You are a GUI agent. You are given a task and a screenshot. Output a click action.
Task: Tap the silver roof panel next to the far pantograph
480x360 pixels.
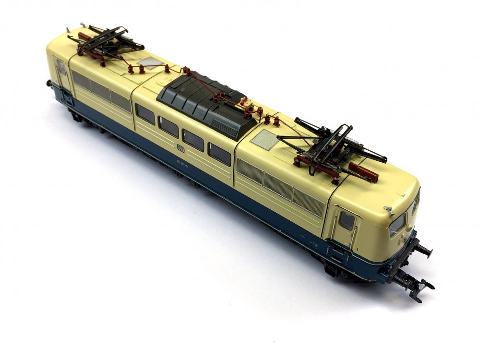pos(150,62)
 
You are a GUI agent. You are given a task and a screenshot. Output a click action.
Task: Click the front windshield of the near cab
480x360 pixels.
pos(397,224)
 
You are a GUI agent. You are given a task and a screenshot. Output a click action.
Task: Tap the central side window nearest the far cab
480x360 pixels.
pos(145,114)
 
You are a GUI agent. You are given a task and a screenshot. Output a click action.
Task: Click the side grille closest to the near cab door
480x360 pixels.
pos(308,202)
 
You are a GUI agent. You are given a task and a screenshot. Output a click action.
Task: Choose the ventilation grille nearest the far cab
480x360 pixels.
pos(81,80)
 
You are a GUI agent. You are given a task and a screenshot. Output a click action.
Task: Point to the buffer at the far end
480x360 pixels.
pos(49,83)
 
